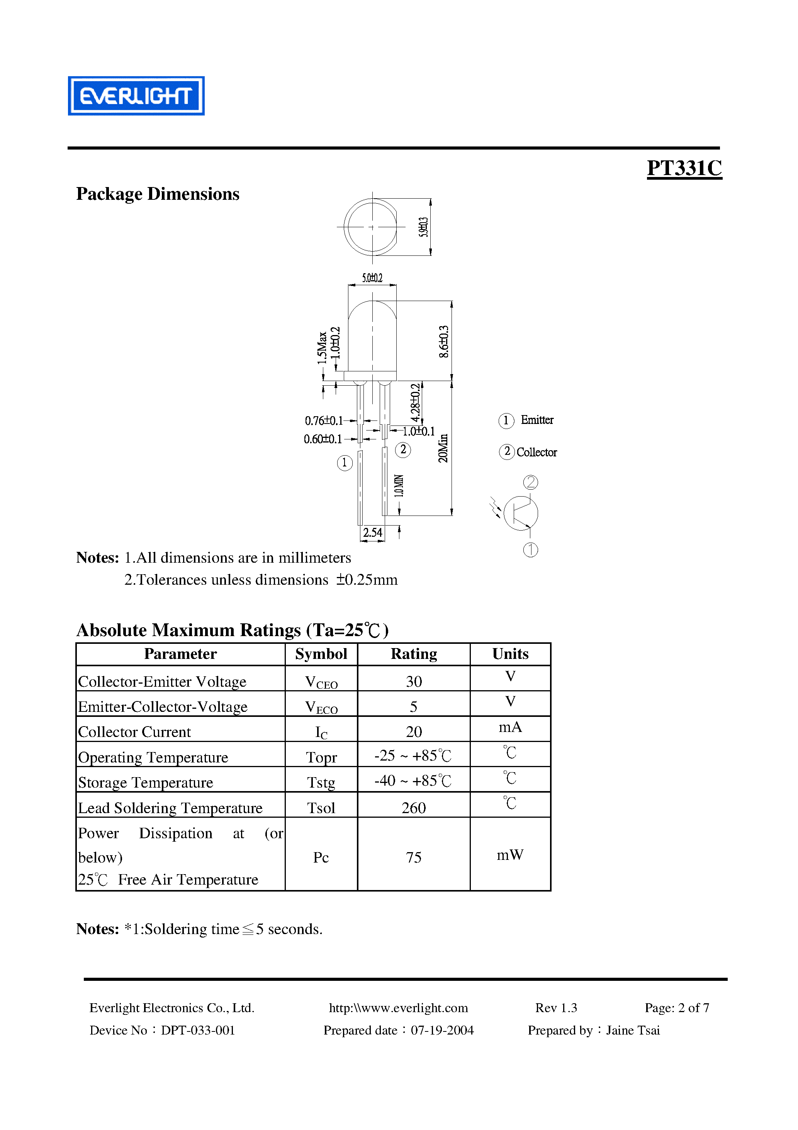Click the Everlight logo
pyautogui.click(x=136, y=96)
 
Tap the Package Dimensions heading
pyautogui.click(x=158, y=194)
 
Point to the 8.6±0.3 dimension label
pyautogui.click(x=443, y=341)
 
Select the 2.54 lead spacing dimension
pyautogui.click(x=372, y=533)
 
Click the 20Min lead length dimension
pyautogui.click(x=443, y=448)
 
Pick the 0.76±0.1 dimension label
pyautogui.click(x=323, y=421)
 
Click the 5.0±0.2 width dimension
pyautogui.click(x=372, y=278)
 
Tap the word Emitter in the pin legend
pyautogui.click(x=537, y=420)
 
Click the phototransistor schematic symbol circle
pyautogui.click(x=521, y=513)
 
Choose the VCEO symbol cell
pyautogui.click(x=321, y=682)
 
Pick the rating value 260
pyautogui.click(x=414, y=808)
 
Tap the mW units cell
pyautogui.click(x=510, y=855)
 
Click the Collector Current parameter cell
pyautogui.click(x=134, y=732)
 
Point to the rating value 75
pyautogui.click(x=414, y=857)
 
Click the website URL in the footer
pyautogui.click(x=398, y=1008)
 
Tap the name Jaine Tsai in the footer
pyautogui.click(x=633, y=1030)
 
